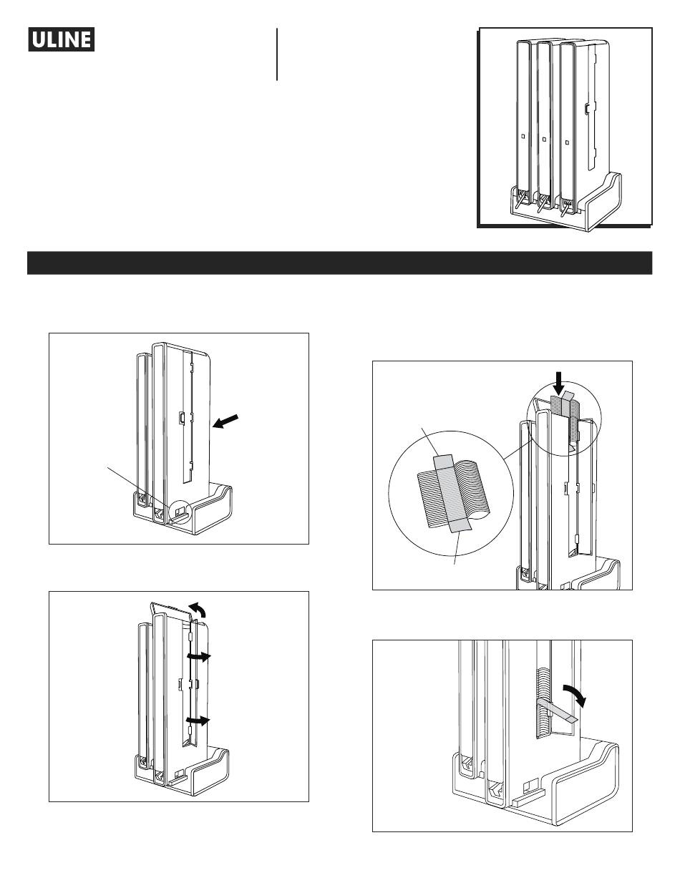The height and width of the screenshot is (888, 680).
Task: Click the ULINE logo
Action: [62, 39]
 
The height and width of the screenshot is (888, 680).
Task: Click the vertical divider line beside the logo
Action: [277, 54]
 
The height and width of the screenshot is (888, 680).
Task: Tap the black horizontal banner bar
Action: [339, 263]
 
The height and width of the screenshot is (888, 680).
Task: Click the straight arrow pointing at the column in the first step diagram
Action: [225, 421]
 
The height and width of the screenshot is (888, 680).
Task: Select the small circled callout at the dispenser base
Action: [180, 510]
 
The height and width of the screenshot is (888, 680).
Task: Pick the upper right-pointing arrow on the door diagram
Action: [198, 656]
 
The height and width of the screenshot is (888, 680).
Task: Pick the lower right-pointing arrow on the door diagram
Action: [198, 721]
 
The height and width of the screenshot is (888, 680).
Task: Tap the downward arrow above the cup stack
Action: [560, 383]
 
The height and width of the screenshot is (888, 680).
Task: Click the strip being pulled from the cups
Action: [555, 711]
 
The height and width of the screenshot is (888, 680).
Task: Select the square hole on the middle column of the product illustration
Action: [544, 140]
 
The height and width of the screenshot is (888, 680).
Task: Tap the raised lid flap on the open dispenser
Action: [172, 610]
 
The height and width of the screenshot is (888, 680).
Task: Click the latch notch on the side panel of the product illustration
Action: [586, 109]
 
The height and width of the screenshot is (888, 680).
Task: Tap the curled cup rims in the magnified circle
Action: [473, 490]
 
